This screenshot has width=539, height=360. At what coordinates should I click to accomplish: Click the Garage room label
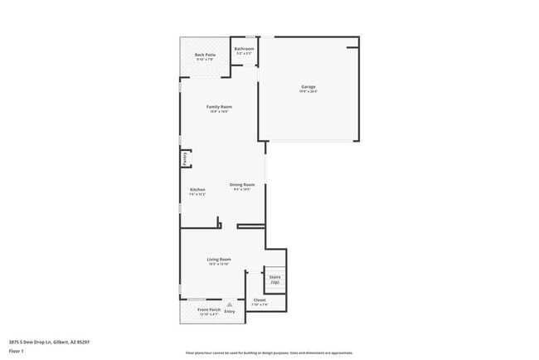[308, 86]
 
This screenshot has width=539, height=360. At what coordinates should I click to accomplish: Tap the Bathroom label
[244, 49]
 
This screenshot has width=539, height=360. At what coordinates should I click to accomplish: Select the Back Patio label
[205, 56]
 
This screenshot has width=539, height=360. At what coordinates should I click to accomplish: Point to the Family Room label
[219, 106]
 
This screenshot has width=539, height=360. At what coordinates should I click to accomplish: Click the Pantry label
[184, 158]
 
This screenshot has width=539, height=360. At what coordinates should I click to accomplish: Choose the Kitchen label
[197, 189]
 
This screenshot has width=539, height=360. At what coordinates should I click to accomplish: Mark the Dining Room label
[242, 184]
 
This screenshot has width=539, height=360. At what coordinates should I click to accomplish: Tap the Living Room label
[219, 259]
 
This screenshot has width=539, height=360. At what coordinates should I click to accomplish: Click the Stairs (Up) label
[274, 280]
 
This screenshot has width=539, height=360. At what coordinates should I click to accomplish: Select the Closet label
[260, 300]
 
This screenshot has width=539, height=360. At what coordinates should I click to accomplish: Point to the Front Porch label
[209, 309]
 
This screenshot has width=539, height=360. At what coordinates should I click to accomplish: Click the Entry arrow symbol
[230, 304]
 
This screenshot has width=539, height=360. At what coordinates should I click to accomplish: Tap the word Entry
[230, 311]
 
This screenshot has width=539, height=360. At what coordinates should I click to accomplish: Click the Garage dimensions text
[308, 91]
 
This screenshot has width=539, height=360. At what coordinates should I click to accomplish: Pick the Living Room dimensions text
[219, 264]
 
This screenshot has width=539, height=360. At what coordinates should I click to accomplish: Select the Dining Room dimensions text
[242, 189]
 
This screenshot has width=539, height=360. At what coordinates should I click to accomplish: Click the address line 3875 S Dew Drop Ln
[49, 342]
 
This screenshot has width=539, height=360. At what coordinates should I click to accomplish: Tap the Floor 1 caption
[17, 352]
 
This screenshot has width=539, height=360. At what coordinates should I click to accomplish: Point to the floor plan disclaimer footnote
[269, 353]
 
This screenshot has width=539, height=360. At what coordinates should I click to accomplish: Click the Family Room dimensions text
[219, 111]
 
